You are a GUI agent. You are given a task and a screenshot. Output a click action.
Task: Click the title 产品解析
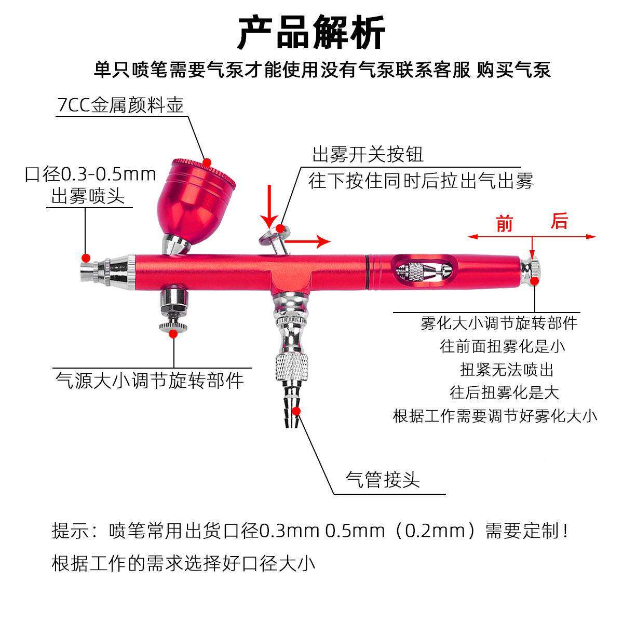click(311, 32)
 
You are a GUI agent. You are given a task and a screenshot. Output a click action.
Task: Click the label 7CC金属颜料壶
click(120, 105)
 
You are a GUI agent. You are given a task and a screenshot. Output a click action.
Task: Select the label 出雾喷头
click(88, 196)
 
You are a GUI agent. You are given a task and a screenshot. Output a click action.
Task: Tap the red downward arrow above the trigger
click(269, 205)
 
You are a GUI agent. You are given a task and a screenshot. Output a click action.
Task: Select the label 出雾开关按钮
click(368, 154)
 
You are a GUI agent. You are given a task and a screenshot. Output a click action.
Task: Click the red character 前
click(504, 224)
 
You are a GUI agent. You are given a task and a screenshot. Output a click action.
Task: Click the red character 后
click(559, 222)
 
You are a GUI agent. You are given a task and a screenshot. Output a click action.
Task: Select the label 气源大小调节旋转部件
click(150, 381)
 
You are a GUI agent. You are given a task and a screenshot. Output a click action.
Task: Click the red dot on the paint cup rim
click(208, 162)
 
